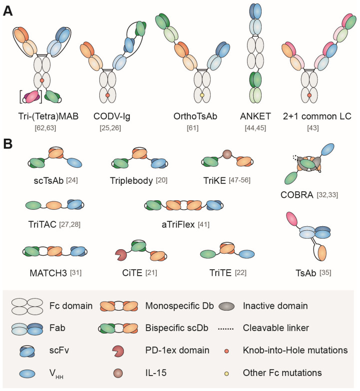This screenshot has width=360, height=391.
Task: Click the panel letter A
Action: (8, 10)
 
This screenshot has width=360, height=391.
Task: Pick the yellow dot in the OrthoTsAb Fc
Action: (202, 95)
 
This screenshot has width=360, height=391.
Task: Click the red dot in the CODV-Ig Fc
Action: (108, 95)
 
